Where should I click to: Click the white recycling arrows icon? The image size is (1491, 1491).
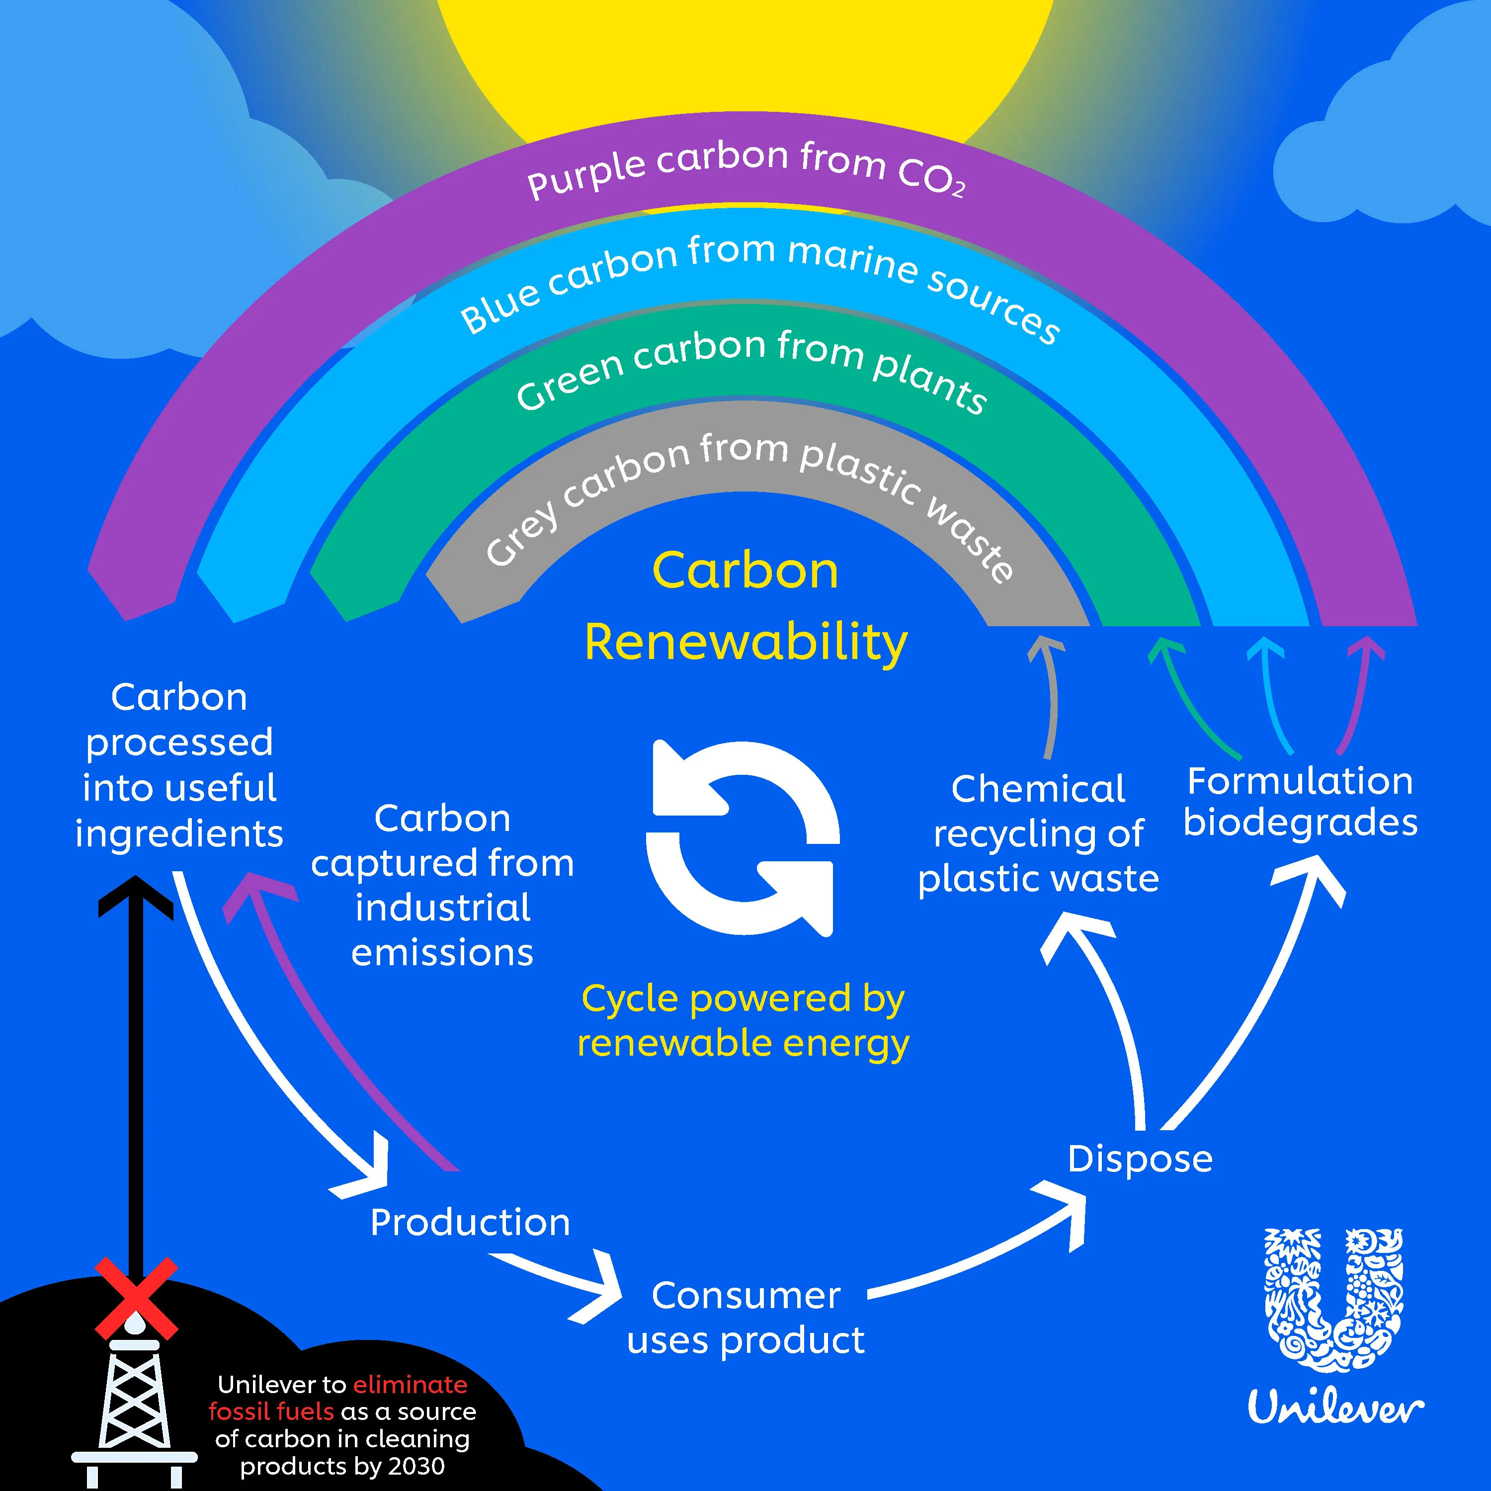[x=743, y=837]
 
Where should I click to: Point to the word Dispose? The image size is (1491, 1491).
[x=1140, y=1159]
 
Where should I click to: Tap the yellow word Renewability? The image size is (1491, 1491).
[x=745, y=642]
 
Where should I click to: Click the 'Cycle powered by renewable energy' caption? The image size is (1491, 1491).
[x=743, y=1020]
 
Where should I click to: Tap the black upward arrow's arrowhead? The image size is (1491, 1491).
[x=136, y=895]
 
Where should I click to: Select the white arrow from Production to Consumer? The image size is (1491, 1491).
[x=560, y=1280]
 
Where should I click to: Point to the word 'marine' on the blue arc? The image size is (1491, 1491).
[x=853, y=260]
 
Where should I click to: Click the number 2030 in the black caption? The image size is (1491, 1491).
[x=418, y=1466]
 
